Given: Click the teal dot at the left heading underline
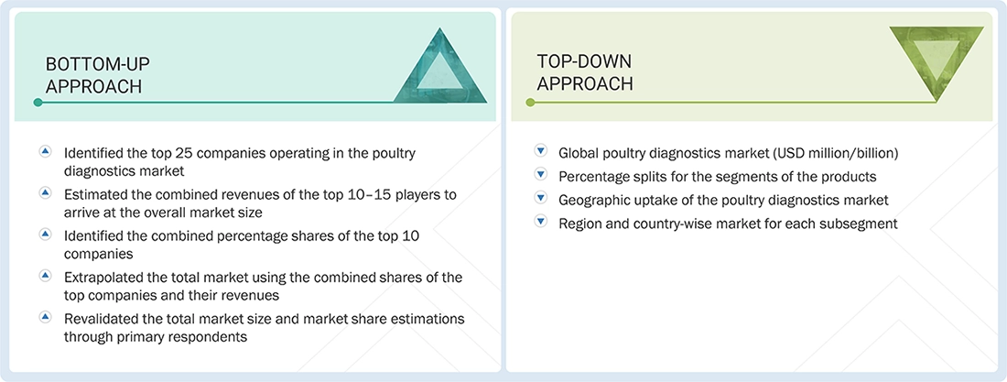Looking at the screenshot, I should tap(38, 103).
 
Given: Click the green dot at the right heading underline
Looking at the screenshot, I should tap(529, 103).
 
